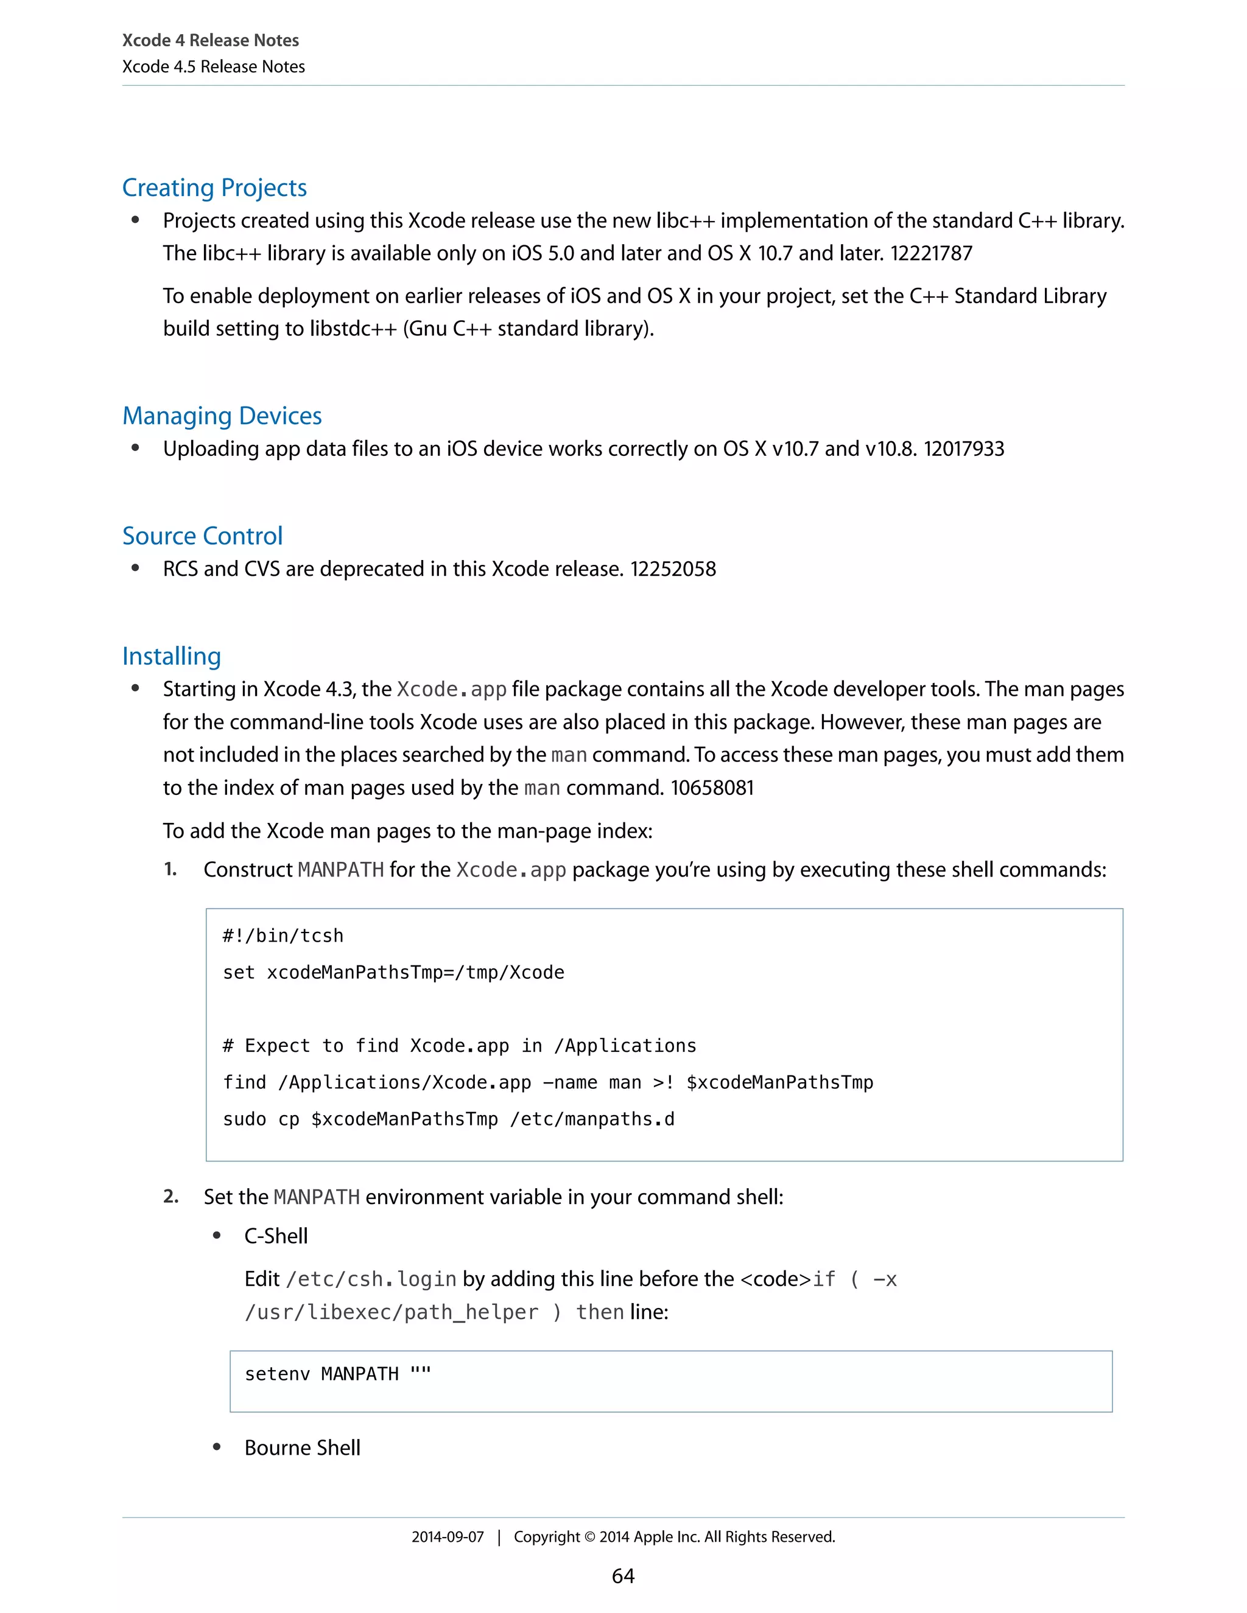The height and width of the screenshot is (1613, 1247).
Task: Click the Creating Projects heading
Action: (214, 187)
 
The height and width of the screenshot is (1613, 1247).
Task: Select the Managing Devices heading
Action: (222, 416)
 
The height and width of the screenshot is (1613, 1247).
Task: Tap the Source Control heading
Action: (202, 536)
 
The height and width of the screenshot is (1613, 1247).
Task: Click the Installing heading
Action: (171, 657)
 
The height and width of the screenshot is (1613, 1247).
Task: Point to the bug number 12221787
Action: (931, 253)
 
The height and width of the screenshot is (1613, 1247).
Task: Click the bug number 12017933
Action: (963, 449)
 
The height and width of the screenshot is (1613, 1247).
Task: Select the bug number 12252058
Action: (672, 570)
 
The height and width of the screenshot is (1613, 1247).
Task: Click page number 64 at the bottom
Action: (623, 1576)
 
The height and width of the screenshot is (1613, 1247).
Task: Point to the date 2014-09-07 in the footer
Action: (448, 1537)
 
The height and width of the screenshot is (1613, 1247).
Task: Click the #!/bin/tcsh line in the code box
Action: (283, 936)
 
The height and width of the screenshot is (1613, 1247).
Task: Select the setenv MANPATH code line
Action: (337, 1374)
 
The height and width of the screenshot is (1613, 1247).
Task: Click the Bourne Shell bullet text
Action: (302, 1447)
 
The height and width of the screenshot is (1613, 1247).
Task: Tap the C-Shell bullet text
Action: (276, 1236)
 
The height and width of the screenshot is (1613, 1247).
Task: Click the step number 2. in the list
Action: (170, 1197)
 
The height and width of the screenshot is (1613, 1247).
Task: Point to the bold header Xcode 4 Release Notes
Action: (211, 41)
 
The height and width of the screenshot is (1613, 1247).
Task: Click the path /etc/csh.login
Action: (371, 1279)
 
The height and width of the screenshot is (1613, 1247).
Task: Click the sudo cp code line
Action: (448, 1119)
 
